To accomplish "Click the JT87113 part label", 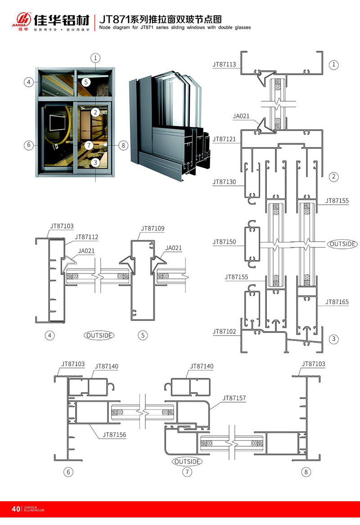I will click(x=224, y=64).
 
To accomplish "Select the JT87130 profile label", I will click(x=224, y=182).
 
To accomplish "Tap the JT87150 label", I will click(x=224, y=242).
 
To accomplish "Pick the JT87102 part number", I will click(x=224, y=332).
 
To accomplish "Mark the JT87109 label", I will click(x=153, y=229).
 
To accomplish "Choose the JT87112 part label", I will click(x=86, y=237).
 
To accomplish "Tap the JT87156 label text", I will click(x=114, y=435).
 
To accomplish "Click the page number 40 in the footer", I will click(x=16, y=509).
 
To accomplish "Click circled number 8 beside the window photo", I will click(x=123, y=145).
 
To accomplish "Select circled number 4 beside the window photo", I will click(x=28, y=82).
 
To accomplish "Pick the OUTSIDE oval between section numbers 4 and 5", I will click(x=99, y=335).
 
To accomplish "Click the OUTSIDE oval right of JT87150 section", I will click(x=342, y=244).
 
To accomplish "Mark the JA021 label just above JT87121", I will click(x=241, y=116).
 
